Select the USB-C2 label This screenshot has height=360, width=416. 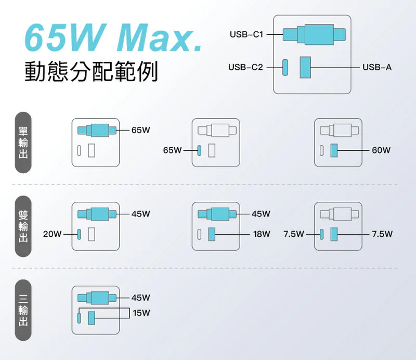click(245, 67)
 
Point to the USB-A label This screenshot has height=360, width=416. click(377, 67)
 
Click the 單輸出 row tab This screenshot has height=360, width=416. click(23, 142)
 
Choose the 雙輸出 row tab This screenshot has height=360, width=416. click(23, 226)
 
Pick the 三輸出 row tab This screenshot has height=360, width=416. click(23, 310)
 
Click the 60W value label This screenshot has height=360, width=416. click(381, 150)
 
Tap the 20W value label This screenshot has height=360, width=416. click(52, 234)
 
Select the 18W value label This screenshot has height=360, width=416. click(261, 234)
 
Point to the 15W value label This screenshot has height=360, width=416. click(141, 313)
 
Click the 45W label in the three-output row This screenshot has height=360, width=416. click(141, 298)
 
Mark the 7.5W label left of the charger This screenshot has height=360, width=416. click(294, 234)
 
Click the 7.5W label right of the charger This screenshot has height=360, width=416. click(382, 234)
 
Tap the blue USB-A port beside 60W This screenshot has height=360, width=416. click(334, 150)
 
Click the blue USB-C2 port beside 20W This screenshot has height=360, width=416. click(79, 234)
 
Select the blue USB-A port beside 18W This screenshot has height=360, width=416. click(212, 234)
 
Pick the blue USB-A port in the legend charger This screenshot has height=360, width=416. click(305, 68)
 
